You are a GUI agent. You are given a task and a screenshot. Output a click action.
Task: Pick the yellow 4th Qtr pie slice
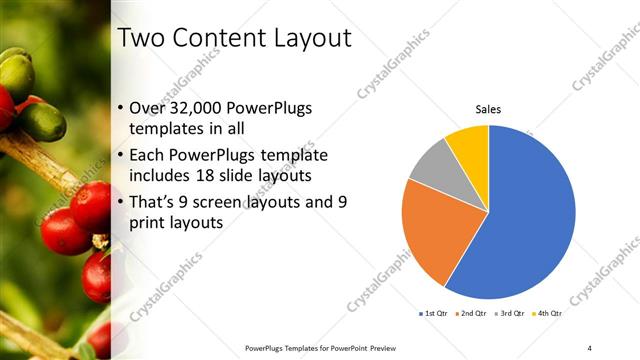click(x=468, y=144)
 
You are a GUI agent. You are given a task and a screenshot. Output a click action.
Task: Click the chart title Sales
click(x=488, y=109)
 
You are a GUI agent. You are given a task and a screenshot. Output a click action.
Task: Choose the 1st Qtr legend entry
click(x=434, y=313)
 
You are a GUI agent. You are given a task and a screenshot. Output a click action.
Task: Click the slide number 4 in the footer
click(x=590, y=347)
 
